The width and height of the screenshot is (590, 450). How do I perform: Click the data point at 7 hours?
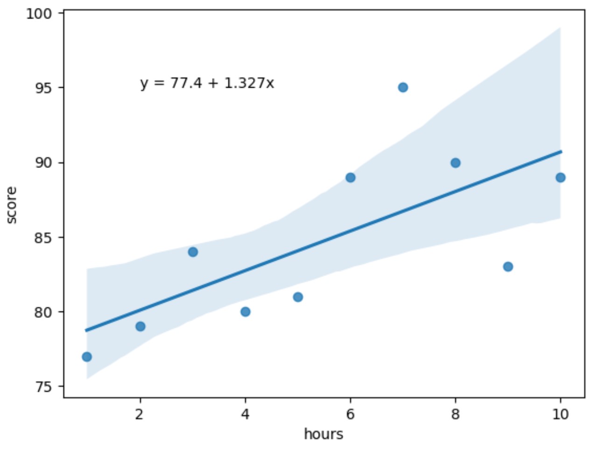[403, 88]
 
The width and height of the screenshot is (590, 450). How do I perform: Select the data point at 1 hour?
[87, 357]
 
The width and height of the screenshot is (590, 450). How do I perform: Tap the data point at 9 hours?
[508, 267]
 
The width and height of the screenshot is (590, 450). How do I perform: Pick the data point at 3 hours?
[193, 252]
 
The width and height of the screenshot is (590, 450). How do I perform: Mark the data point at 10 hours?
[561, 178]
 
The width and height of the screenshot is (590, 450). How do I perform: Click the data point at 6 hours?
[351, 178]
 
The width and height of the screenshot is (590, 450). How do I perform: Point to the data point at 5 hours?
[298, 297]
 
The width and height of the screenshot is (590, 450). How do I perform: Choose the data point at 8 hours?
[456, 163]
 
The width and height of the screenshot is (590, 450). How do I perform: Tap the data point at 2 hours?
[140, 326]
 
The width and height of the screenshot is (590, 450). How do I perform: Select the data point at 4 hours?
[246, 312]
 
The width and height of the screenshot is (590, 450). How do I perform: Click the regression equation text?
[207, 83]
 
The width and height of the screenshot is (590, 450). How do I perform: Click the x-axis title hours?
[323, 434]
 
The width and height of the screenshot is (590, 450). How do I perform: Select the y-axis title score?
[12, 205]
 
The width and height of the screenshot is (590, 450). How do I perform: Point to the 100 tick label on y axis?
[41, 14]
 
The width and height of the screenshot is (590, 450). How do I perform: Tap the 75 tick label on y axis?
[45, 387]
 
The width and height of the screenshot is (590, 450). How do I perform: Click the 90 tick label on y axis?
[45, 163]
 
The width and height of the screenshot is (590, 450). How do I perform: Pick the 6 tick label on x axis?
[351, 414]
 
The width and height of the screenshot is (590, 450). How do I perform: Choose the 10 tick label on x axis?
[561, 414]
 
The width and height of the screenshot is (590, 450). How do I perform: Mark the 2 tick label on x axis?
[140, 414]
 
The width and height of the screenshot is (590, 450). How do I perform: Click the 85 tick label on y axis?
[45, 237]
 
